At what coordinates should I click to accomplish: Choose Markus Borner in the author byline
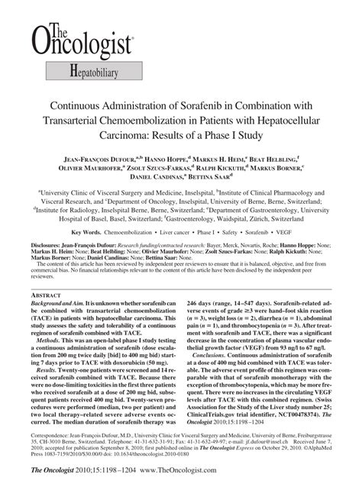click(270, 166)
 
